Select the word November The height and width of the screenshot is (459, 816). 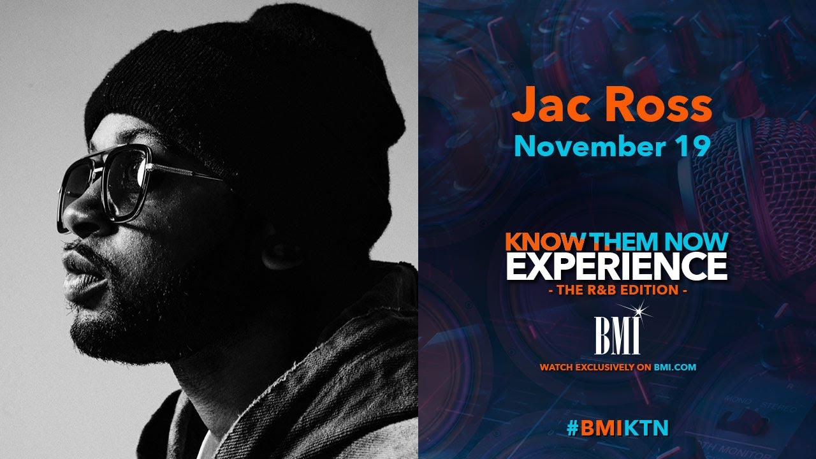[580, 146]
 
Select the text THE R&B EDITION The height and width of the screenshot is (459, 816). [616, 290]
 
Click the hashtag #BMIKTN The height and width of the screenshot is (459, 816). [617, 428]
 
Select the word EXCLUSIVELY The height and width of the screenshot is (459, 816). [613, 367]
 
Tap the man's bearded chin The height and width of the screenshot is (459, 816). [96, 325]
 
